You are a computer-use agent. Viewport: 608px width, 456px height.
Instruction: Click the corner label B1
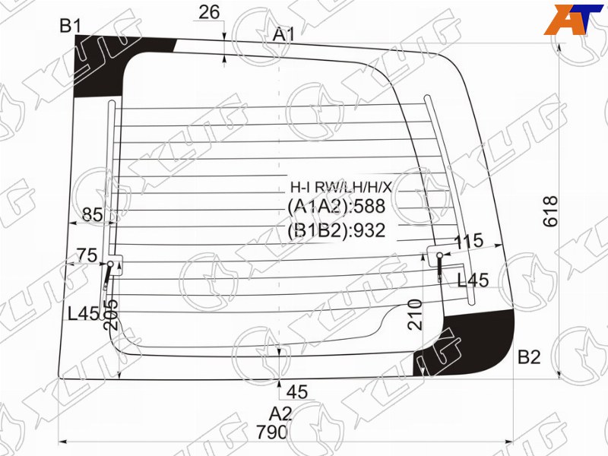[x=71, y=26]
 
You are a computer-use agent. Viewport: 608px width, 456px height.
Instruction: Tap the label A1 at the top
[x=283, y=34]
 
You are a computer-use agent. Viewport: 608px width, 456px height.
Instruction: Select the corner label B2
[x=529, y=356]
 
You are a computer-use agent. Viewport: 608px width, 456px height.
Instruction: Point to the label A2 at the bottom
[x=280, y=414]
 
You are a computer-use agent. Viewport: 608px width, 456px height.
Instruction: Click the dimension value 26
[x=209, y=12]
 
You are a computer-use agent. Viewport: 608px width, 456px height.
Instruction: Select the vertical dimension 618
[x=550, y=211]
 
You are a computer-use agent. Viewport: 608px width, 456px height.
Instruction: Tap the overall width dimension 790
[x=272, y=432]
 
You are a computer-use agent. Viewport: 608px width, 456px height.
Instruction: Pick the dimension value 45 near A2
[x=297, y=392]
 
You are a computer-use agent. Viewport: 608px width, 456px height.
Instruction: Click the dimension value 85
[x=93, y=214]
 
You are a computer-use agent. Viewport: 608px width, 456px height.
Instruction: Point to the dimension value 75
[x=87, y=255]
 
